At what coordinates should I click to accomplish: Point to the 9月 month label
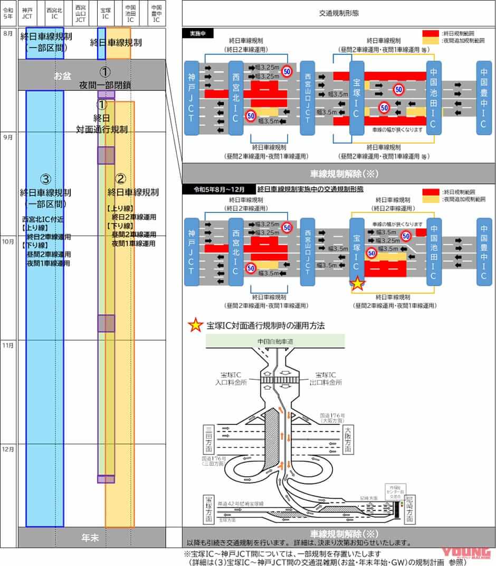8,137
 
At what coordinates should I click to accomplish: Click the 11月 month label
8,345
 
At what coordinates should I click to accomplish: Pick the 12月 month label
8,449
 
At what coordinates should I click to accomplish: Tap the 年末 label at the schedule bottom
90,537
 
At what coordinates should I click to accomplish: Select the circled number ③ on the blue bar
45,178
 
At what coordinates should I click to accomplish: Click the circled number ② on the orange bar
120,178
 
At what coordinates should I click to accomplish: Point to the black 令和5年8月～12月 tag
218,189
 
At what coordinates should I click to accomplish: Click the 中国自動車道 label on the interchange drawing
275,342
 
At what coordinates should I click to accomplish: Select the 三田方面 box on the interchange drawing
207,441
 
